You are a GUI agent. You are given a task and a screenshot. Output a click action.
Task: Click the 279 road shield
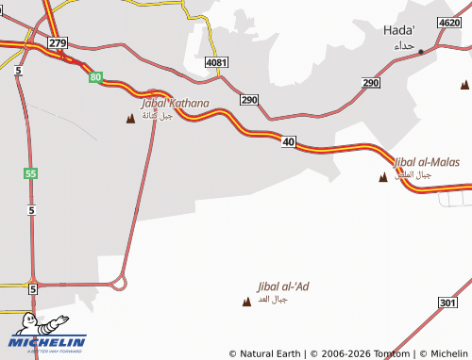point(59,43)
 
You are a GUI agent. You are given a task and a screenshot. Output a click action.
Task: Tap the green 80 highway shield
point(95,77)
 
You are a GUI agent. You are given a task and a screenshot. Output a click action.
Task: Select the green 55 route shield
point(31,173)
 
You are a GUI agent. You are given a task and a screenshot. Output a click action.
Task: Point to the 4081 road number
point(217,62)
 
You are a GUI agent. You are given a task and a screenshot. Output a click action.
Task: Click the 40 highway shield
point(289,141)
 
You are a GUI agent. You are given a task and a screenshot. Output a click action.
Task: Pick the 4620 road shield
point(450,22)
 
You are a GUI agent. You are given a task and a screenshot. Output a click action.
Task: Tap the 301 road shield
point(447,303)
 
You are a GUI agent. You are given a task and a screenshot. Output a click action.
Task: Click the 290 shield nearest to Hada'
point(370,83)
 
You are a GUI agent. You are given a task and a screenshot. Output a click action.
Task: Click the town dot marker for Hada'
point(421,51)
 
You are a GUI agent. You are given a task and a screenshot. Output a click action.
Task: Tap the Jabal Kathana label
point(175,103)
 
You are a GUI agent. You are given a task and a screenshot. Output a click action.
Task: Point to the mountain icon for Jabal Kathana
point(130,118)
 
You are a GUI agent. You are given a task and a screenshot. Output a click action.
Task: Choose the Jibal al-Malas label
point(427,162)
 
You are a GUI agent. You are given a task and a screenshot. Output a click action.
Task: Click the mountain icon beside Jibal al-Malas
point(382,177)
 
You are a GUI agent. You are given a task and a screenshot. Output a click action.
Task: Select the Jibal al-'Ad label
point(283,286)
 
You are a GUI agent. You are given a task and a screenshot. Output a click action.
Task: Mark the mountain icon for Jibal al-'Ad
point(247,302)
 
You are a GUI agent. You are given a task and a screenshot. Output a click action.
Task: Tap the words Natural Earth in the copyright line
point(272,353)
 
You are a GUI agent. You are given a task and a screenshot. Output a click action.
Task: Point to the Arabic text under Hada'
point(404,45)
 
